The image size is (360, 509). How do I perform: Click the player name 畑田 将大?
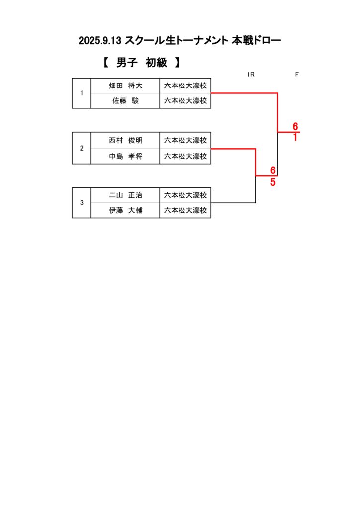(x=125, y=86)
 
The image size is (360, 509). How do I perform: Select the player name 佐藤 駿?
(x=125, y=101)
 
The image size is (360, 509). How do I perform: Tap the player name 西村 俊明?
(x=125, y=141)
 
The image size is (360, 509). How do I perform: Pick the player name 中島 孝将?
(x=125, y=156)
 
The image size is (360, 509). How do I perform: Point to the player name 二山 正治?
(x=125, y=195)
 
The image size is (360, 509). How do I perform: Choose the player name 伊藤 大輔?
(x=125, y=211)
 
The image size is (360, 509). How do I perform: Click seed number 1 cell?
(x=82, y=93)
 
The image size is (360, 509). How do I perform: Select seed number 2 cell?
(x=82, y=148)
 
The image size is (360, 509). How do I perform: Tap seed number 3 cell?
(x=82, y=203)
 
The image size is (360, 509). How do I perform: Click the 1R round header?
(x=251, y=75)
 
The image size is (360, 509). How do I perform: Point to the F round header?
(x=297, y=75)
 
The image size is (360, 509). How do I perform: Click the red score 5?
(x=273, y=182)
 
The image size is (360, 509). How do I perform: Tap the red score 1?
(x=295, y=138)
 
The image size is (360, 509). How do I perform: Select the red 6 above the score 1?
(x=295, y=126)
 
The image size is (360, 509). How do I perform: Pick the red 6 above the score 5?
(x=273, y=170)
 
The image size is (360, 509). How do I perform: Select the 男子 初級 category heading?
(x=141, y=63)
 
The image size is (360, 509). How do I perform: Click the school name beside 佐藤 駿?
(x=185, y=101)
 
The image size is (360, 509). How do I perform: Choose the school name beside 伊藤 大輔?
(x=185, y=211)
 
